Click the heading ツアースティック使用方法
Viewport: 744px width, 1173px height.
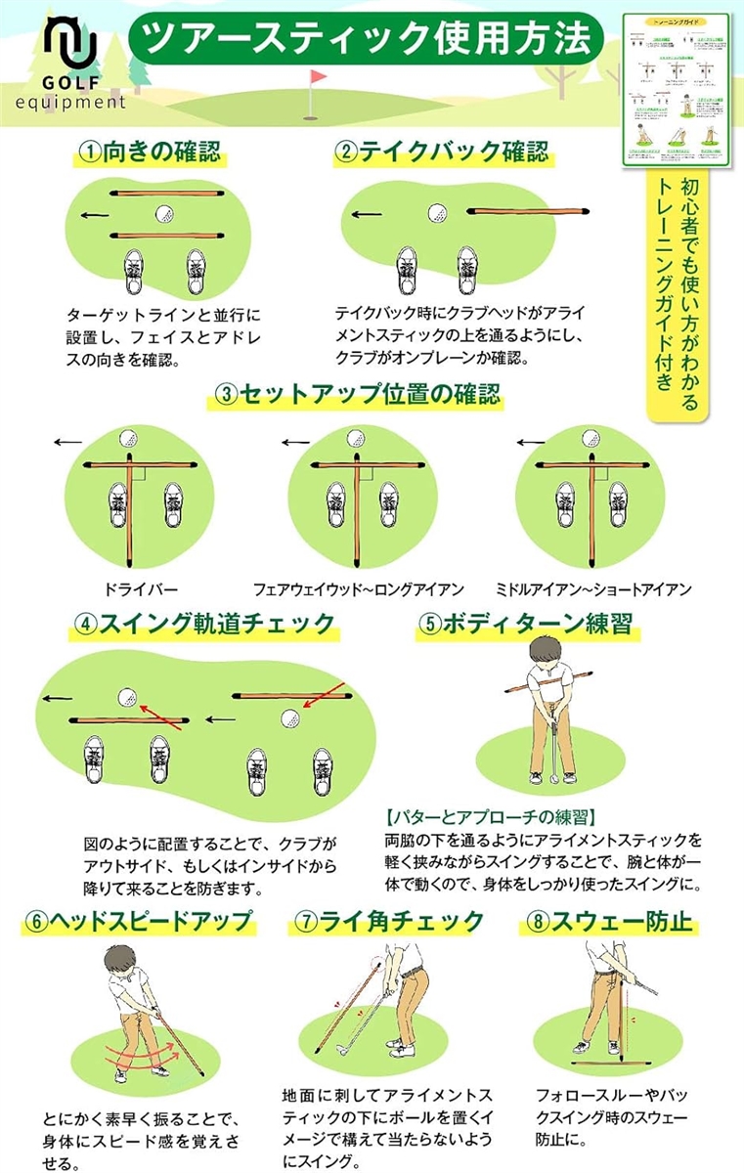366,38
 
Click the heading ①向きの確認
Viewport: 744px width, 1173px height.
150,152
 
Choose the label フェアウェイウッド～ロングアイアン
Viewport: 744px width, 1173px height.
358,589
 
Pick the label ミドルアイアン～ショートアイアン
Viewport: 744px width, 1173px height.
593,589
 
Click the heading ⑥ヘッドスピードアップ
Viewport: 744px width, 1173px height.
139,921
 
